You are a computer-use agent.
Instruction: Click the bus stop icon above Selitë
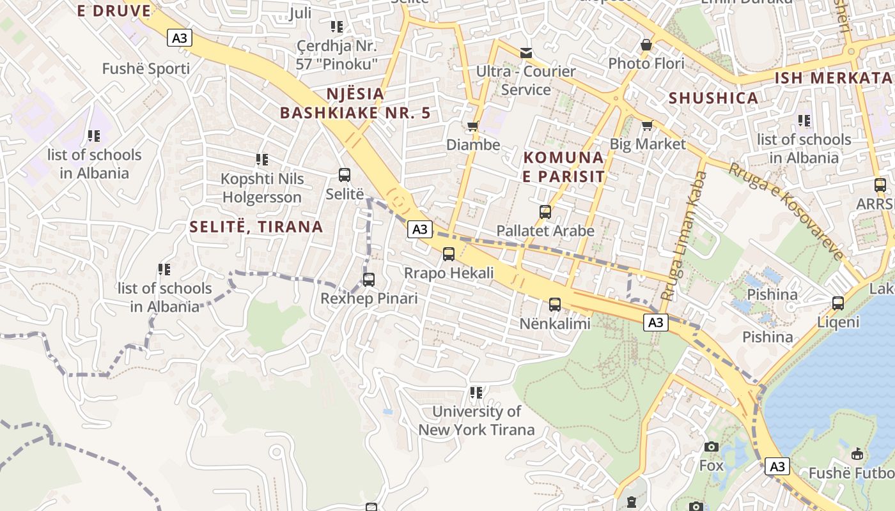point(344,175)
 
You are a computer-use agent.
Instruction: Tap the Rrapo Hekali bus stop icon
point(449,254)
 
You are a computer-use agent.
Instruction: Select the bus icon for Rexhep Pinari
point(369,280)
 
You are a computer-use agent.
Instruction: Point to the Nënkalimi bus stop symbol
point(554,305)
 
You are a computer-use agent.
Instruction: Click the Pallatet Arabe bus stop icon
point(545,212)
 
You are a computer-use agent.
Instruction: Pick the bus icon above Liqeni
point(838,303)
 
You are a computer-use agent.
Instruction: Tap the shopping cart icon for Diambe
point(473,126)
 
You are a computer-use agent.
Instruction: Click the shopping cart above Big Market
point(647,125)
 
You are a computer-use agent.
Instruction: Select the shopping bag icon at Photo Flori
point(646,45)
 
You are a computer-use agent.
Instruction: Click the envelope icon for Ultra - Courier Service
point(525,52)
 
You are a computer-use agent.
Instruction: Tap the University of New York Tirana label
point(476,420)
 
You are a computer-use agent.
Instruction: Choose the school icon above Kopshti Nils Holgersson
point(261,160)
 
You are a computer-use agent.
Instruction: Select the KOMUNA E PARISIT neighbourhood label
point(563,167)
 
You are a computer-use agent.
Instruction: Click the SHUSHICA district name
point(713,98)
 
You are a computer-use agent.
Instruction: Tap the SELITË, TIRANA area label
point(256,227)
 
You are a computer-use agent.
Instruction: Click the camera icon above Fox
point(711,447)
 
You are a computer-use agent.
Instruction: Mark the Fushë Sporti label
point(146,69)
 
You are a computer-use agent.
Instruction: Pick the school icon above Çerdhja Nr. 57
point(337,27)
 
